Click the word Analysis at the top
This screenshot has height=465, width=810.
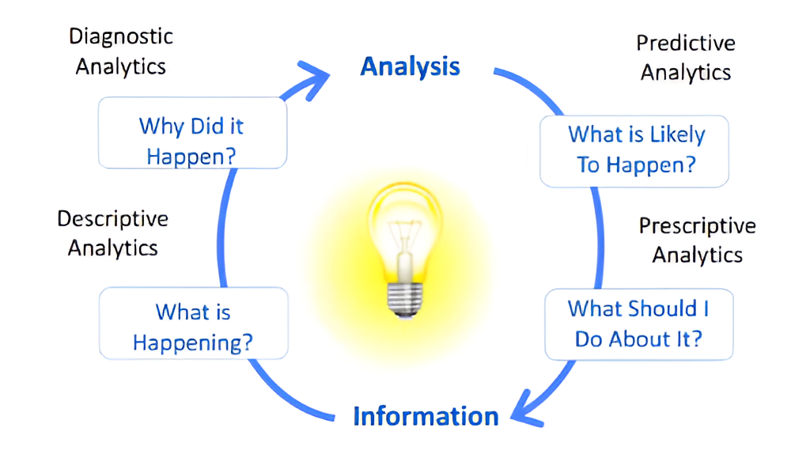[x=410, y=66]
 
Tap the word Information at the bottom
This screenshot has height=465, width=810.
[x=426, y=416]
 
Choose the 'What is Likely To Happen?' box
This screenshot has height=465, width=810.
[x=634, y=150]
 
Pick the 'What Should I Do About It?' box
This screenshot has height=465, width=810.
[x=638, y=323]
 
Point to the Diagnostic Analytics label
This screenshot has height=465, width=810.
[x=120, y=51]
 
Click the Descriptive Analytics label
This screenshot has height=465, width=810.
[x=112, y=233]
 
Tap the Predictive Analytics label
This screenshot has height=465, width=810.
[x=685, y=57]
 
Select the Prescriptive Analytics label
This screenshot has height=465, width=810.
[x=697, y=240]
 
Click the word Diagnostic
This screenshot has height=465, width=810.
[x=120, y=36]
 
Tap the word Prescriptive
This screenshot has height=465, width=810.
[x=697, y=226]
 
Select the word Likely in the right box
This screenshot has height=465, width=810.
[x=676, y=135]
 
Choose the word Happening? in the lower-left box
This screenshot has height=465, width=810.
[x=193, y=343]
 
